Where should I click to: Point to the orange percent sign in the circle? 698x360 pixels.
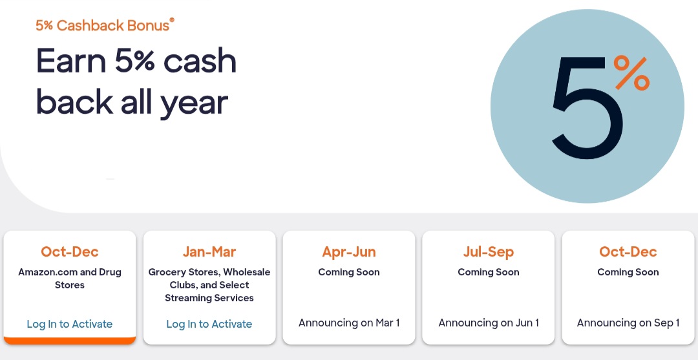click(x=631, y=72)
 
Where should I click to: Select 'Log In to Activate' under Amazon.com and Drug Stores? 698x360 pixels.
click(x=70, y=324)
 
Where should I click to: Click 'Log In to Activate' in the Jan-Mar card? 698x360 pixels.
click(x=209, y=324)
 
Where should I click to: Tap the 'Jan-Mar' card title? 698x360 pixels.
click(x=209, y=251)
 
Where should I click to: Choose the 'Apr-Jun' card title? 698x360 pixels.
click(x=349, y=251)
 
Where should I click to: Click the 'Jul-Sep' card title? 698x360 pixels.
click(x=489, y=251)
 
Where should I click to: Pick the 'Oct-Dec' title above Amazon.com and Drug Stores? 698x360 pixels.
click(x=70, y=251)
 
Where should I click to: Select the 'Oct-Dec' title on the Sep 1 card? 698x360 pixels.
click(x=628, y=251)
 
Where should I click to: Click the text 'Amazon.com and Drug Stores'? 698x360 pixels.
click(x=70, y=279)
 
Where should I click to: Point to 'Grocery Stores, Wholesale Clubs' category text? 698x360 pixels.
click(x=209, y=279)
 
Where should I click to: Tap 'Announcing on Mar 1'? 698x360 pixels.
click(x=349, y=323)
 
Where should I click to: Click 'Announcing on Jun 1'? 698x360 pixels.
click(x=489, y=323)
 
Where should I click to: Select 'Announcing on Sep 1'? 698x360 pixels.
click(x=628, y=323)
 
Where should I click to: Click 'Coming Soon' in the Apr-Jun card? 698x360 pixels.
click(x=349, y=272)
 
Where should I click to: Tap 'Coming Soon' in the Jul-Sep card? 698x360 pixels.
click(x=489, y=272)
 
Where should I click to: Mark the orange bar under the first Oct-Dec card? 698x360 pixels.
click(x=70, y=340)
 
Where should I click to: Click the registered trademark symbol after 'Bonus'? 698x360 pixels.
click(x=172, y=21)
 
